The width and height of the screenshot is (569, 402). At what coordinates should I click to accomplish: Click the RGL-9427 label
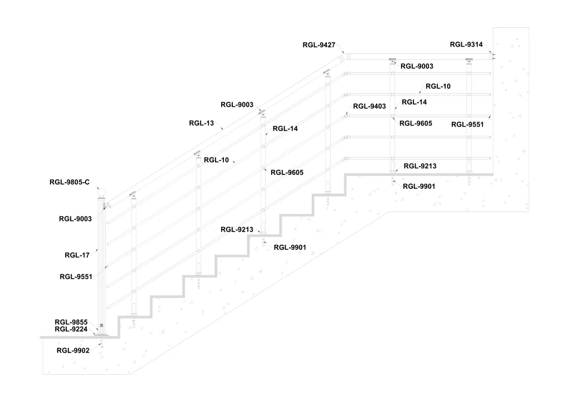318,46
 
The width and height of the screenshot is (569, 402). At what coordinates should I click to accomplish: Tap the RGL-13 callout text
201,123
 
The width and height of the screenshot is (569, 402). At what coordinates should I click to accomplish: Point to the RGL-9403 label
369,106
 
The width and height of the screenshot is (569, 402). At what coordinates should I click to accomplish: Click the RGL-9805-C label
69,182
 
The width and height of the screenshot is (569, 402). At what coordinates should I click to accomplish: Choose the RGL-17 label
77,255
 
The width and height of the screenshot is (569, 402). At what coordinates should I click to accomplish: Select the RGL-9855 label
71,322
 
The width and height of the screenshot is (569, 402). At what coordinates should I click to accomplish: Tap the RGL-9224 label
71,329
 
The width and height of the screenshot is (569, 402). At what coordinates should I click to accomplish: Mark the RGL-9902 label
73,350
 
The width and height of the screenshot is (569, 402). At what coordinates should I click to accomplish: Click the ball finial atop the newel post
102,193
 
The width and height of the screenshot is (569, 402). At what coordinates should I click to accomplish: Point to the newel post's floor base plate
101,334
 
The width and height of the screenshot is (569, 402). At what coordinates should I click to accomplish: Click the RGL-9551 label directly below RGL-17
75,276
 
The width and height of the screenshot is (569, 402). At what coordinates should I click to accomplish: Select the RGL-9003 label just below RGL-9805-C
75,219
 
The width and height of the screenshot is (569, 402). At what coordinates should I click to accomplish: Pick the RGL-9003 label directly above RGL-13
237,104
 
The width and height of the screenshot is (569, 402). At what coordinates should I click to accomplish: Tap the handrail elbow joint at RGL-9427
346,56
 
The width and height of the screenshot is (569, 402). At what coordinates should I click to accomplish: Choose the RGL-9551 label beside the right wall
467,124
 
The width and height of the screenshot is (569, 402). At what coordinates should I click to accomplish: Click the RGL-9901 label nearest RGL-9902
290,247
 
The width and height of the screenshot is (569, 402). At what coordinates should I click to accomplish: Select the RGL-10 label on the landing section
438,86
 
